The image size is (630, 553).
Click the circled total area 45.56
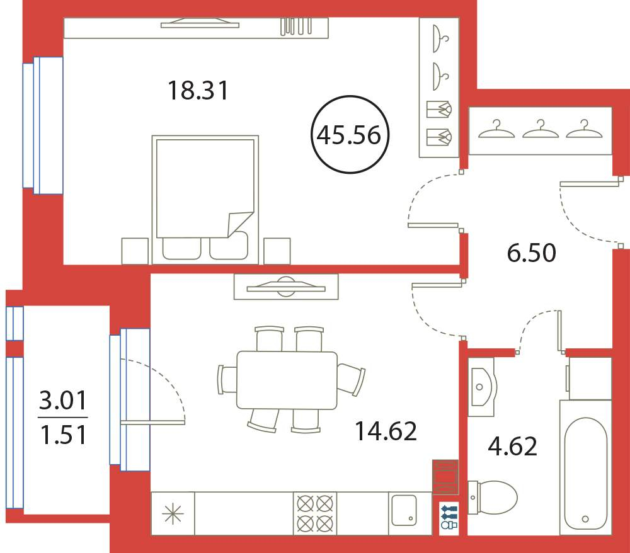[x=350, y=135]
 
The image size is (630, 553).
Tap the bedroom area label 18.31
[x=198, y=90]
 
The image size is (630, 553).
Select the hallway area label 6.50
[x=532, y=253]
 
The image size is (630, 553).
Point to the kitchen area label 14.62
[x=386, y=431]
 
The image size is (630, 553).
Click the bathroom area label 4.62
[x=512, y=446]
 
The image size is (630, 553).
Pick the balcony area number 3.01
[x=63, y=401]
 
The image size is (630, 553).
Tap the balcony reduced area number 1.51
[x=64, y=435]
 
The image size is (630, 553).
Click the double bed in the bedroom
[x=205, y=200]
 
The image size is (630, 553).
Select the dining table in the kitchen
[x=287, y=380]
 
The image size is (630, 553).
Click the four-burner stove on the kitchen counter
[x=315, y=513]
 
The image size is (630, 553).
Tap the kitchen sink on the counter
[x=404, y=510]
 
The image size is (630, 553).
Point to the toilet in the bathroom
[x=493, y=498]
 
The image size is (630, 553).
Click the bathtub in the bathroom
[x=585, y=467]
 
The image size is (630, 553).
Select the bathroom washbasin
[x=482, y=387]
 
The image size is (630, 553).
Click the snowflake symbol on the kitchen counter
[x=173, y=513]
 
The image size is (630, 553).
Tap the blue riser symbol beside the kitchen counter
[x=449, y=516]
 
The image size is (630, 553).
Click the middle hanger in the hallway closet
[x=541, y=129]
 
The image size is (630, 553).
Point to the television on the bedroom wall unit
[x=200, y=23]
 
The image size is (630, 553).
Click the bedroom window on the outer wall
[x=43, y=125]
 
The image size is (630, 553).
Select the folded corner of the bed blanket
[x=240, y=224]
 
